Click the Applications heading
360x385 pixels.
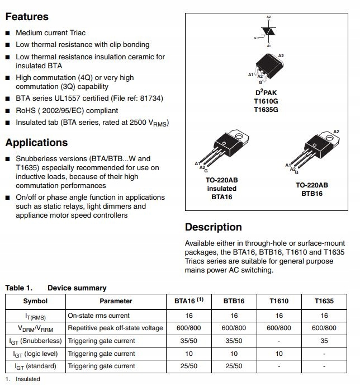pyautogui.click(x=36, y=143)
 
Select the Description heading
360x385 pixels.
pyautogui.click(x=213, y=227)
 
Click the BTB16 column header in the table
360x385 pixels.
pyautogui.click(x=234, y=301)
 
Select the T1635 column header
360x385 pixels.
pyautogui.click(x=324, y=301)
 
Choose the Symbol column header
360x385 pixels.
pyautogui.click(x=35, y=301)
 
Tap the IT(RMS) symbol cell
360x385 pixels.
pyautogui.click(x=35, y=316)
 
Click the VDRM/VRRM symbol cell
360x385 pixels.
pyautogui.click(x=35, y=328)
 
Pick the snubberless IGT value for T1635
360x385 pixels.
pyautogui.click(x=324, y=341)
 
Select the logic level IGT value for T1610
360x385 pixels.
pyautogui.click(x=279, y=354)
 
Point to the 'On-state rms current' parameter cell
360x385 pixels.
pyautogui.click(x=98, y=316)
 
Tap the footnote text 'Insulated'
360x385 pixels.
pyautogui.click(x=28, y=379)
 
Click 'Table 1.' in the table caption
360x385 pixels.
pyautogui.click(x=18, y=288)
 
